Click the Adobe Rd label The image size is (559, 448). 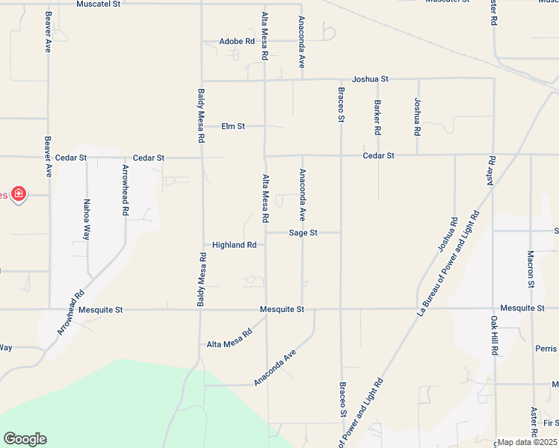tap(237, 41)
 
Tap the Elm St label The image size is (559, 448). tap(233, 126)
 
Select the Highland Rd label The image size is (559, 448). tap(234, 245)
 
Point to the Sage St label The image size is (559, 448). tap(303, 233)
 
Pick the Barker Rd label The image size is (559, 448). tap(378, 117)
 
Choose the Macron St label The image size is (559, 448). tap(531, 269)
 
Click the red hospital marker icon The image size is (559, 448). tap(19, 195)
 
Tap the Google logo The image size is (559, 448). tap(25, 439)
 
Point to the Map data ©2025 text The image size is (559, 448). tap(527, 442)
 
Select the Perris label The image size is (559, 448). tap(546, 349)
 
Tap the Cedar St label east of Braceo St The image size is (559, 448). tap(378, 155)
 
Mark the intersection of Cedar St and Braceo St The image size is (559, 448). tap(341, 155)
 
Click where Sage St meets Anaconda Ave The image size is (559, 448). tap(303, 233)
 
